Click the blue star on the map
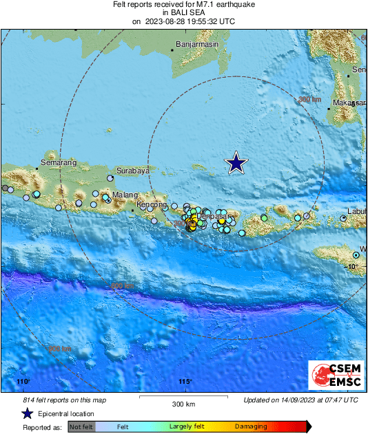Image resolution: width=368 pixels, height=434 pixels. [x=236, y=163]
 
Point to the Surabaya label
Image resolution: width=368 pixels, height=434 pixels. [x=133, y=171]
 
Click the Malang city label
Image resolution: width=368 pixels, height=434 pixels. [x=126, y=195]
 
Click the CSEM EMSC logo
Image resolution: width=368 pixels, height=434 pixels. [x=333, y=376]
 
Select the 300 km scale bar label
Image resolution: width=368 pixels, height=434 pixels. [x=184, y=404]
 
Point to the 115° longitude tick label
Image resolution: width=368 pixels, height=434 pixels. [x=185, y=382]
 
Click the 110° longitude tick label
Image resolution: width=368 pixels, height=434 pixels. [x=23, y=382]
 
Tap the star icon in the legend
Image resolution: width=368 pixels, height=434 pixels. [x=27, y=413]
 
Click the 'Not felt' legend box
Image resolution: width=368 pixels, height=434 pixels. [x=81, y=427]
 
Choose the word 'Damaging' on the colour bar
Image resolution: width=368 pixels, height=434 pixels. [x=251, y=427]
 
